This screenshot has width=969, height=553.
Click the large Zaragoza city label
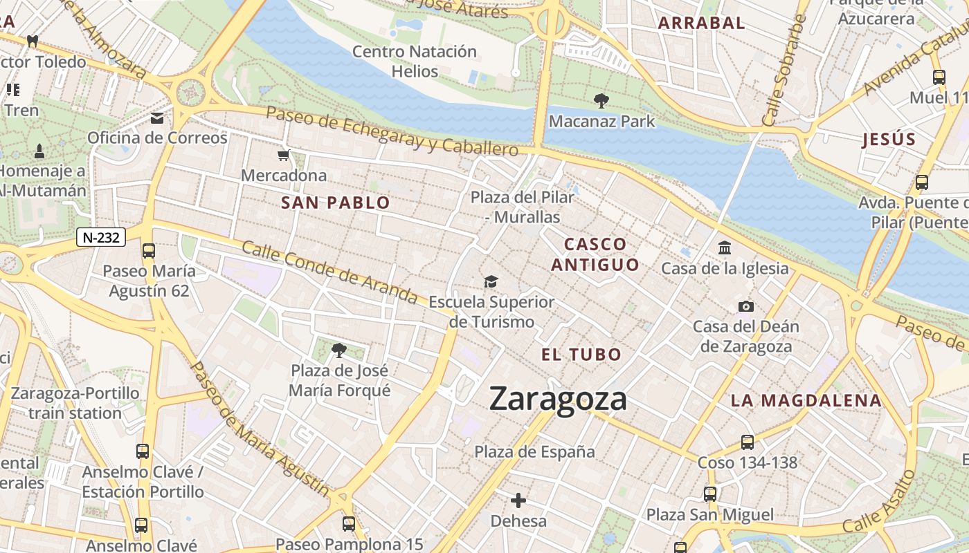pos(558,400)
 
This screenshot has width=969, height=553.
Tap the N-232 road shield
pos(101,238)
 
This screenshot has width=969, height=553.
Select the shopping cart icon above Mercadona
pos(283,156)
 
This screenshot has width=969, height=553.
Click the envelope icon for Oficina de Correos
pos(157,118)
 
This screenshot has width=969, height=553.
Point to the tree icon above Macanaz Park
pos(601,101)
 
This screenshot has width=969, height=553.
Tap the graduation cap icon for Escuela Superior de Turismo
pos(491,282)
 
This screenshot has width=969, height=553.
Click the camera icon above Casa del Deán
pos(745,306)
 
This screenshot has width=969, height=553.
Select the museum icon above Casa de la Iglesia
pos(725,247)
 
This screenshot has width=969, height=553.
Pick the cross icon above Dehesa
pos(518,500)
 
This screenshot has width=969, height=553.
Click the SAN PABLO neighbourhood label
pos(336,203)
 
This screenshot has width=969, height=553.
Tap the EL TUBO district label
pos(581,355)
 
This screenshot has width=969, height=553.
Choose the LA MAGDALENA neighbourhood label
pos(806,400)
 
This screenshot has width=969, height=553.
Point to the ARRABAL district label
pos(701,23)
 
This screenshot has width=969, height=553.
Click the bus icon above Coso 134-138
pos(747,442)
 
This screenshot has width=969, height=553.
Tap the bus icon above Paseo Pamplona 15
pos(349,524)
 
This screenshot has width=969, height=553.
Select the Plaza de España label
pos(534,452)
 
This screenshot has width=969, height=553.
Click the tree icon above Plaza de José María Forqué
pos(338,350)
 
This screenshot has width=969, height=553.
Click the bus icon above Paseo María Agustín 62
pos(148,251)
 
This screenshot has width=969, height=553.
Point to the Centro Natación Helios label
pos(415,62)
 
